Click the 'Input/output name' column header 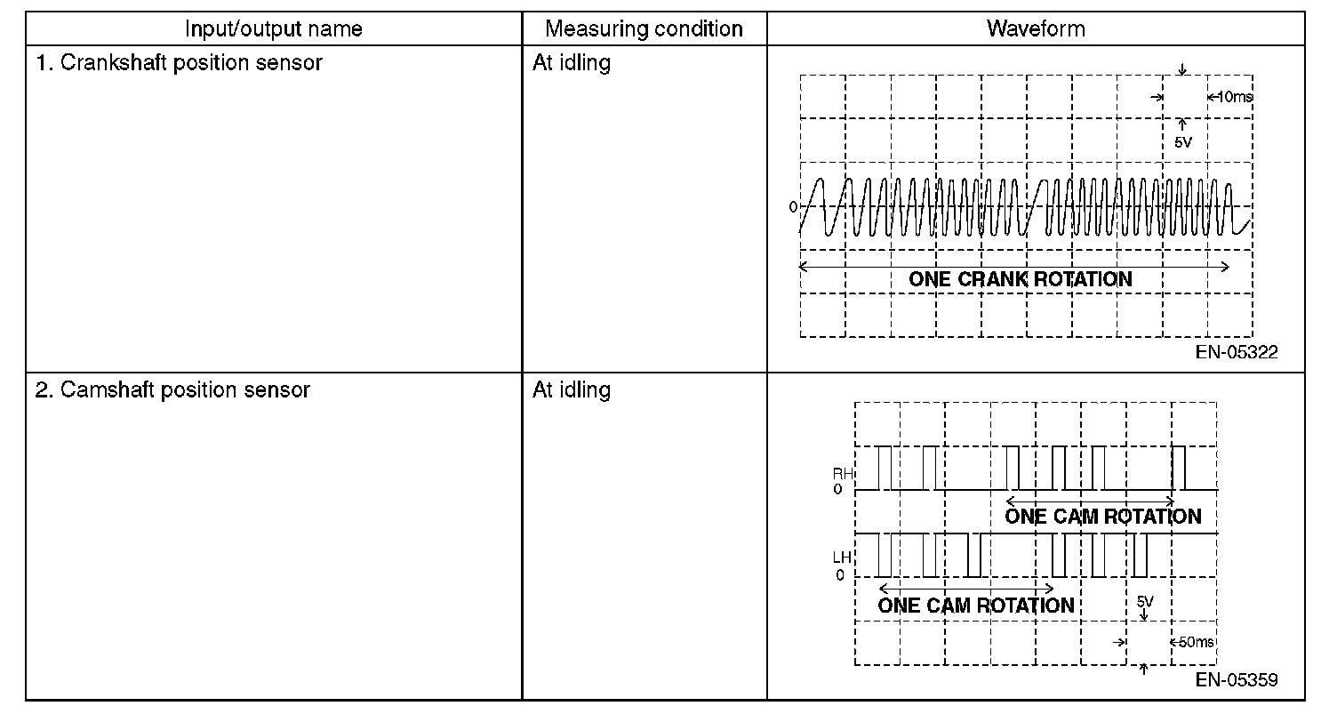pyautogui.click(x=273, y=29)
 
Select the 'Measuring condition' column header pyautogui.click(x=644, y=29)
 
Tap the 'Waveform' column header pyautogui.click(x=1036, y=29)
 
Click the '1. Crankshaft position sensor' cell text pyautogui.click(x=179, y=63)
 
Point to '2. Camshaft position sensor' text pyautogui.click(x=172, y=390)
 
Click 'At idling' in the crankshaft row pyautogui.click(x=572, y=63)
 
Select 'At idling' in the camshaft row pyautogui.click(x=572, y=390)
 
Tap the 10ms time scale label pyautogui.click(x=1234, y=96)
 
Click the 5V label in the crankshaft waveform pyautogui.click(x=1182, y=142)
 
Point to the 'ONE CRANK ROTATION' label pyautogui.click(x=1020, y=279)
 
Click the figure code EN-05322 pyautogui.click(x=1237, y=352)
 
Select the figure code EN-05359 pyautogui.click(x=1237, y=680)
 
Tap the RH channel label pyautogui.click(x=842, y=474)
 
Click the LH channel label pyautogui.click(x=842, y=558)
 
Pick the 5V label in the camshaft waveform pyautogui.click(x=1145, y=602)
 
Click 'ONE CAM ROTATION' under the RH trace pyautogui.click(x=1102, y=517)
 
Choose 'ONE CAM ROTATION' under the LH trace pyautogui.click(x=975, y=606)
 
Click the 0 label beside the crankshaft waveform pyautogui.click(x=792, y=207)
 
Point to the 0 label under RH pyautogui.click(x=838, y=490)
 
